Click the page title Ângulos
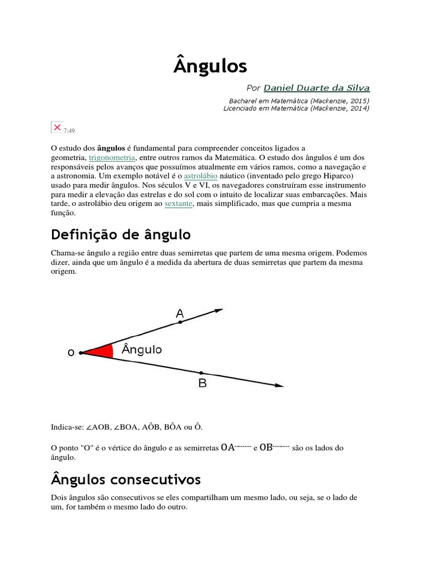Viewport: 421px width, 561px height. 210,66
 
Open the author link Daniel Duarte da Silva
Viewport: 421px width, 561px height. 316,88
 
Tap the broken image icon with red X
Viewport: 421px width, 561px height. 56,127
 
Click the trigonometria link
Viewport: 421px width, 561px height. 112,157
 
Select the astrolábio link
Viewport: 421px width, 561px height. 201,176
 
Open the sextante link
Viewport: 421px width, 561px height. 178,204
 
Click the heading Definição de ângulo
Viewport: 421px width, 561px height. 121,235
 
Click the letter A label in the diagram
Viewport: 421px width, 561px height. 180,313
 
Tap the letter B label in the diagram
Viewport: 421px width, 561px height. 202,383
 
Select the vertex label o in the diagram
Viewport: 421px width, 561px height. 71,353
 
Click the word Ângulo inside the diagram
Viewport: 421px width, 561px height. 141,349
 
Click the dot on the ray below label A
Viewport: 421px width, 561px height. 180,322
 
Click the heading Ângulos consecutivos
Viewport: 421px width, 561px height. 126,480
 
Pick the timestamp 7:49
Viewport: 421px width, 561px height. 69,130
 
